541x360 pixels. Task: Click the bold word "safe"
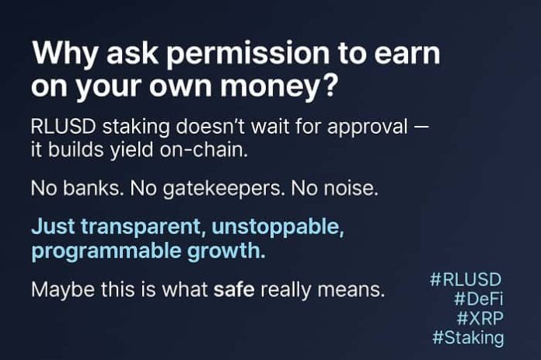234,291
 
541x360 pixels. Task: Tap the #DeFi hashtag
476,299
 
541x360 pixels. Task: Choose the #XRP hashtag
480,318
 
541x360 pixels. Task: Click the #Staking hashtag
468,338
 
